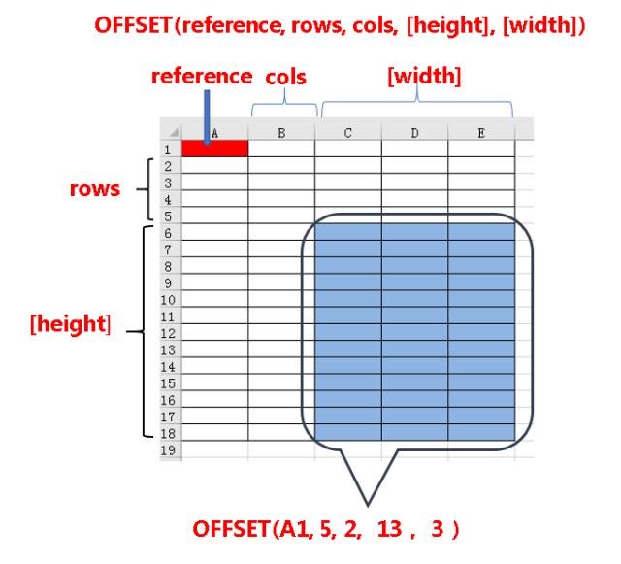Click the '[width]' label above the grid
click(416, 76)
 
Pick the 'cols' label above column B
click(285, 77)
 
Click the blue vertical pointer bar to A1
click(206, 116)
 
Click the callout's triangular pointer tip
click(368, 504)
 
